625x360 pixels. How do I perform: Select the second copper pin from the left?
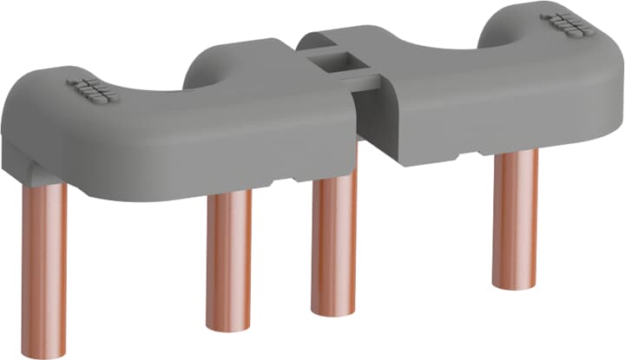(229, 260)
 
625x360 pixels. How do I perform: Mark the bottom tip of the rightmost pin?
(515, 284)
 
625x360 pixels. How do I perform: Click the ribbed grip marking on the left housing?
(89, 88)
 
